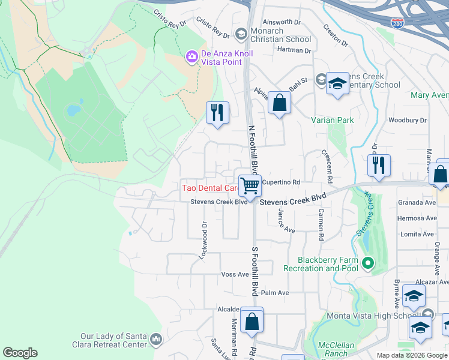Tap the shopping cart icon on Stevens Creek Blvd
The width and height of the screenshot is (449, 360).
pos(250,185)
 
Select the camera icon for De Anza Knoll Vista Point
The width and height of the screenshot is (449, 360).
pos(192,58)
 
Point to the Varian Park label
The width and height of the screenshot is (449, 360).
pos(332,120)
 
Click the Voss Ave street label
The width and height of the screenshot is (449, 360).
pos(235,274)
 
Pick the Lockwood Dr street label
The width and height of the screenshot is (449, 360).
pos(203,240)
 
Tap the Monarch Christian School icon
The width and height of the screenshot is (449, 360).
pos(241,34)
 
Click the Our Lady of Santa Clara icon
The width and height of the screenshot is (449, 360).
pos(156,340)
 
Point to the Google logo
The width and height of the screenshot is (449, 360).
pos(20,353)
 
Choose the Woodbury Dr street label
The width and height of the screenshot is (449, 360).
pos(407,121)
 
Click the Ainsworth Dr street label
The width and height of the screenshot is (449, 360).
pos(282,22)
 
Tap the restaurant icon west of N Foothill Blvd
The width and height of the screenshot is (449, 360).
pos(217,112)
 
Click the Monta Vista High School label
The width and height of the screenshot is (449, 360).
pos(372,316)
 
